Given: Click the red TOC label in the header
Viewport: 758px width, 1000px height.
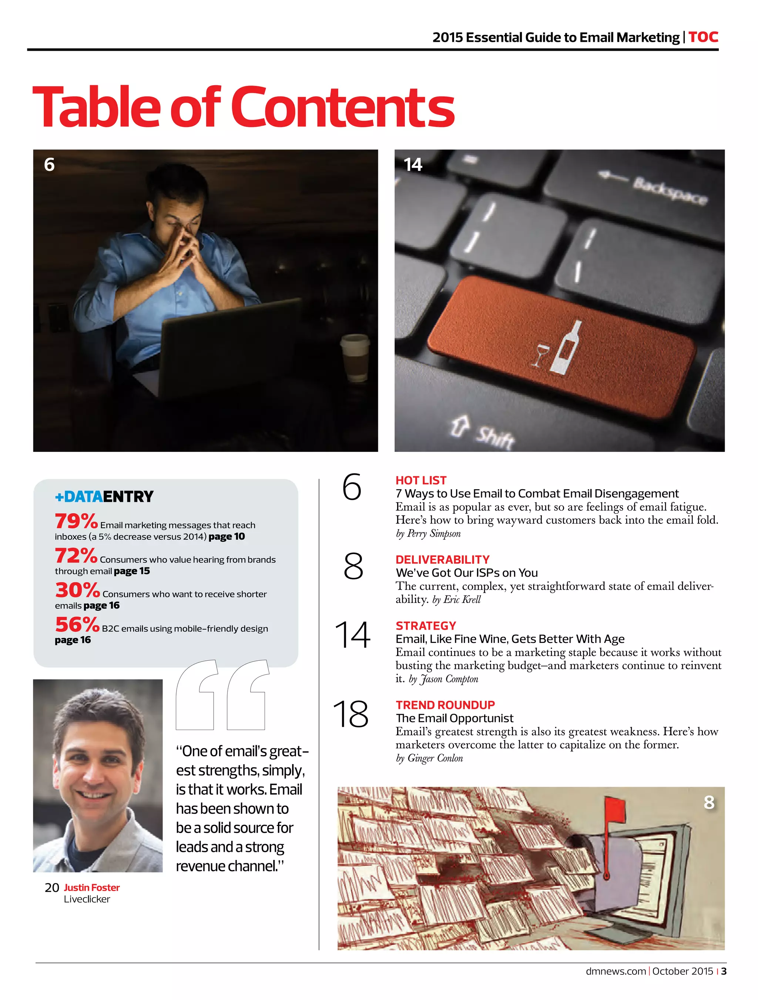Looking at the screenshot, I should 703,37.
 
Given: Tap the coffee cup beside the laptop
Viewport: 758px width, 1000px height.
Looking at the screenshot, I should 355,359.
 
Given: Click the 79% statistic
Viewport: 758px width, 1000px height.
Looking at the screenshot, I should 76,521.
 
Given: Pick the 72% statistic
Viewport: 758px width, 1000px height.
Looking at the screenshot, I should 76,556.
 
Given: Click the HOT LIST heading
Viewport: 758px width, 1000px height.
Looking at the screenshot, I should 420,480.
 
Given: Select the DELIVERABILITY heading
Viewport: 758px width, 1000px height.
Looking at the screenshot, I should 442,559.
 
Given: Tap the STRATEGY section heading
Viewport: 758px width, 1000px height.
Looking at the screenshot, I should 426,626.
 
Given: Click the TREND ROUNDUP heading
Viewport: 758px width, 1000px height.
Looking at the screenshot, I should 445,705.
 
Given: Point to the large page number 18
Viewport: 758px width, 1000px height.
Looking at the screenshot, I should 351,714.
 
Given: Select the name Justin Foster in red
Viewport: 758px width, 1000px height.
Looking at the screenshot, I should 92,887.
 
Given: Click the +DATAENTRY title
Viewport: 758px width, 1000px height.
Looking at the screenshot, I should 104,496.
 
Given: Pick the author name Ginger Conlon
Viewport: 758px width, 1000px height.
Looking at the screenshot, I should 435,758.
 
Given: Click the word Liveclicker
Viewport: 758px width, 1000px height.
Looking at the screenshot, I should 87,899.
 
